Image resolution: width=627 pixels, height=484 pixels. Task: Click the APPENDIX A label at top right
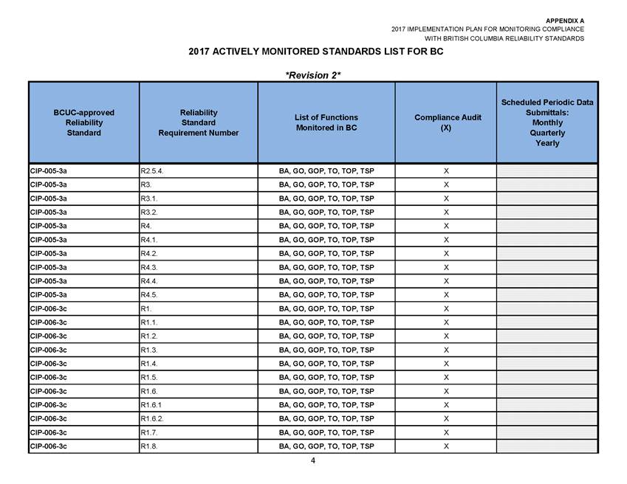(x=565, y=20)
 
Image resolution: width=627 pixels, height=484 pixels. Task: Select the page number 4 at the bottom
(x=313, y=461)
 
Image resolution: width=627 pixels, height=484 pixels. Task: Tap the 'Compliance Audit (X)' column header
(x=445, y=122)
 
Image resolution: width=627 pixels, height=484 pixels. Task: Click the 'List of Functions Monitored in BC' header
(x=326, y=122)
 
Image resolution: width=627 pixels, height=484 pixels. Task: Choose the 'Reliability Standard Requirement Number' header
(x=198, y=122)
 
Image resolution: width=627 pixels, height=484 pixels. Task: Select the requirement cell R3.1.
(x=148, y=198)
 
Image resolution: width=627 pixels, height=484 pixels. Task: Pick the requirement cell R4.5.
(x=148, y=294)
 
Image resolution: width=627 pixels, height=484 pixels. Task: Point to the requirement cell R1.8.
(x=148, y=446)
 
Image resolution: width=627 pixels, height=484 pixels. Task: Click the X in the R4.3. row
(x=445, y=267)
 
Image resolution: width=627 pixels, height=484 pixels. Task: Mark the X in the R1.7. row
(x=445, y=432)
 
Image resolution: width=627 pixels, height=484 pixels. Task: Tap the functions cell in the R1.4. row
(x=326, y=364)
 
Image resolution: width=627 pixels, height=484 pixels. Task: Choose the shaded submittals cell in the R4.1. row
(x=547, y=240)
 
